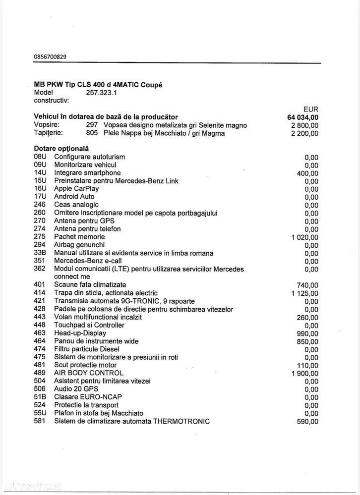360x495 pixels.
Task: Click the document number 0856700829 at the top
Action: click(50, 57)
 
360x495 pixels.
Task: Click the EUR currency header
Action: click(310, 109)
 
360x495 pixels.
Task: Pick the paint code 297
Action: click(92, 125)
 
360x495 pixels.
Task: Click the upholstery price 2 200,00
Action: click(302, 133)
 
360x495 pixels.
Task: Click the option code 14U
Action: click(40, 172)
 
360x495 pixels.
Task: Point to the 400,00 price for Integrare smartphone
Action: click(307, 173)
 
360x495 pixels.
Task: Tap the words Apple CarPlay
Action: click(76, 188)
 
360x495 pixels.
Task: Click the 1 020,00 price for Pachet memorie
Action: click(304, 237)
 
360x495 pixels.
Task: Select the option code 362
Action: click(40, 269)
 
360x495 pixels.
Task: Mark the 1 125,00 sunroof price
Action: click(304, 293)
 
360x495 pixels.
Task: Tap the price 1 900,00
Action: click(304, 373)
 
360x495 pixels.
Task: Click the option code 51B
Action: click(40, 397)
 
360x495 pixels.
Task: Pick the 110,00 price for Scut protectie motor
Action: click(307, 365)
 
